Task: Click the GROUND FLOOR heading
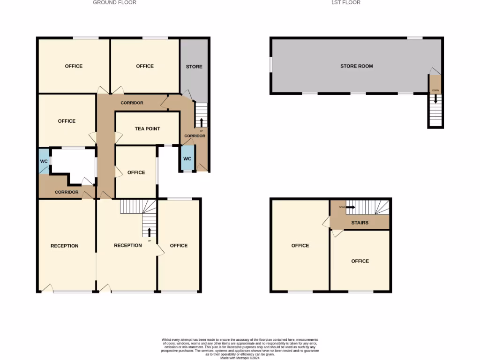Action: coord(114,2)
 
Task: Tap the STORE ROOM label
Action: coord(356,66)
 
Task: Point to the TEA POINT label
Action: coord(147,129)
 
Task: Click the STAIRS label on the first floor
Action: coord(360,223)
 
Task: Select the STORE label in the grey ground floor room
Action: coord(194,67)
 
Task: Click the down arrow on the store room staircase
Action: coord(435,99)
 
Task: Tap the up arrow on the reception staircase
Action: coord(150,232)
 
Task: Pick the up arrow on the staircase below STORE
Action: coord(202,122)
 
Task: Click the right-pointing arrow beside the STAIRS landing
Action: coord(350,207)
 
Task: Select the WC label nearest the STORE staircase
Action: coord(187,159)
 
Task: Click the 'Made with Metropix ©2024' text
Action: coord(240,358)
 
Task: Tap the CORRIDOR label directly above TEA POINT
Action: coord(132,103)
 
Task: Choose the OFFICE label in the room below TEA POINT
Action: coord(136,172)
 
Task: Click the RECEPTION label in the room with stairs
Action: coord(128,245)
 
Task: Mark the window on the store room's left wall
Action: coord(270,65)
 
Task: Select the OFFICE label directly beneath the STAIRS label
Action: coord(360,261)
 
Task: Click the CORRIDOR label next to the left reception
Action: coord(67,192)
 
